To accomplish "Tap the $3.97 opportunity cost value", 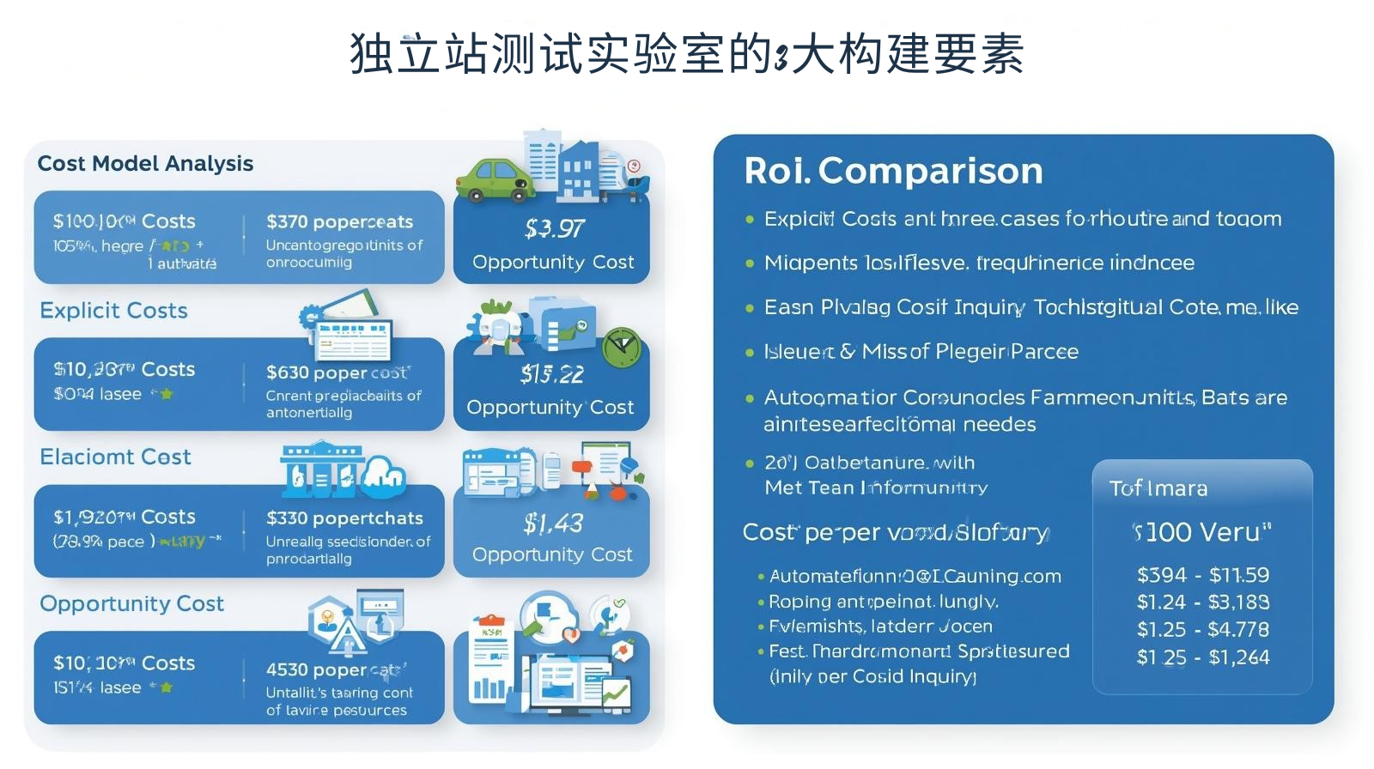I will tap(554, 229).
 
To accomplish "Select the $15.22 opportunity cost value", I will tap(552, 374).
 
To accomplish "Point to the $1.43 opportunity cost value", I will tap(553, 524).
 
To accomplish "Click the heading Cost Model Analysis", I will tap(145, 164).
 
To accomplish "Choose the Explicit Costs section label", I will tap(113, 311).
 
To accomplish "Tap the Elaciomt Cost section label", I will tap(115, 457).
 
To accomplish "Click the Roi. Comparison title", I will tap(893, 171).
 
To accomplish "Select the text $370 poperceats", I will tap(339, 222).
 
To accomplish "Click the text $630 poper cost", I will tap(338, 372).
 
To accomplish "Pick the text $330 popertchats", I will tap(344, 518).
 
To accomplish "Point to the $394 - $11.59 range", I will tap(1202, 575).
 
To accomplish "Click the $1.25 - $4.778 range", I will tap(1202, 630).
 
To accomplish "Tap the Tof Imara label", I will tap(1158, 489).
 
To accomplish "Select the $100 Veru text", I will tap(1201, 533).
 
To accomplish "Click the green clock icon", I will tap(622, 348).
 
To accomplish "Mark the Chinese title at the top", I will tap(686, 53).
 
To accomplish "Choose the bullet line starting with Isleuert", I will tap(921, 352).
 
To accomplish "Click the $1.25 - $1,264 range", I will tap(1202, 657).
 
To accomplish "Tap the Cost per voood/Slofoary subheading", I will tap(895, 533).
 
